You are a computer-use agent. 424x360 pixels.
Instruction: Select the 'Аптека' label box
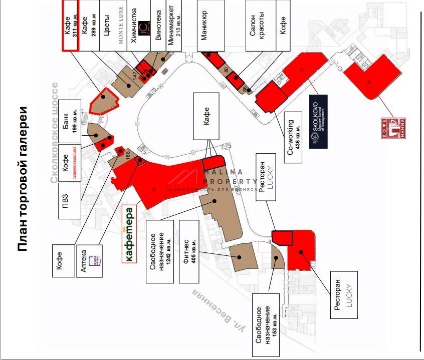pos(89,261)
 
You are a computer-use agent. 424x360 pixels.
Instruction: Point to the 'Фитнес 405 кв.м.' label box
pos(187,250)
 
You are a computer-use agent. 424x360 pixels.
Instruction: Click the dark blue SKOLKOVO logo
pos(319,122)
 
